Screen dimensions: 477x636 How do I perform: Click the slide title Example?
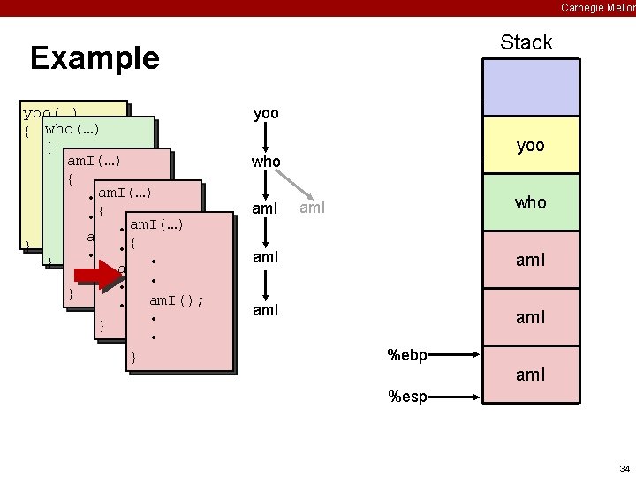tap(95, 58)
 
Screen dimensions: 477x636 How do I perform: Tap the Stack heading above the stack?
tap(526, 42)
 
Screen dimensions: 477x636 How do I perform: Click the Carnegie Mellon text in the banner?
tap(597, 7)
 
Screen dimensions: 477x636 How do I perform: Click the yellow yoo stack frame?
tap(530, 146)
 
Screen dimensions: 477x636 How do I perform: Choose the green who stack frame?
tap(530, 202)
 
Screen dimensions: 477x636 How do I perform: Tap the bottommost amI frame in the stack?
tap(530, 374)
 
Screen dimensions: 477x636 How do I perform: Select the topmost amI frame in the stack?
tap(530, 260)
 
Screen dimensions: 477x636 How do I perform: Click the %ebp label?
tap(407, 356)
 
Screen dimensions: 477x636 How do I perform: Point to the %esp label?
tap(407, 397)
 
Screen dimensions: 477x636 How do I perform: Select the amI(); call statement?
tap(177, 300)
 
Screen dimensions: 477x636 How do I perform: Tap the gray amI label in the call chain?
tap(313, 208)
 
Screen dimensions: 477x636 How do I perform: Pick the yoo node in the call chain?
tap(266, 114)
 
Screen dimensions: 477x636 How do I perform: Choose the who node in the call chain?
tap(266, 162)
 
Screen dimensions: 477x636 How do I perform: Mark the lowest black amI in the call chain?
tap(266, 310)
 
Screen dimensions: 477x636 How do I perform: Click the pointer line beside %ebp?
tap(456, 356)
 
